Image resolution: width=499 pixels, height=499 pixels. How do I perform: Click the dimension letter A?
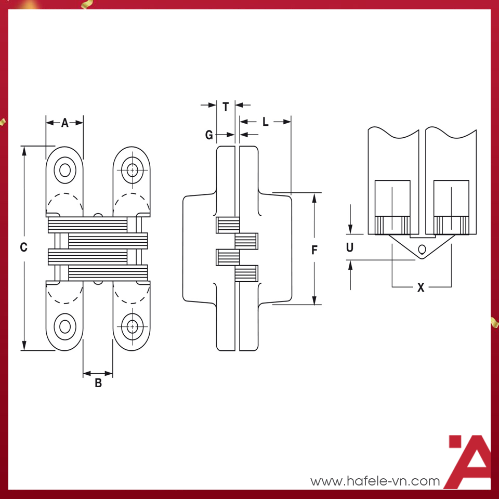pyautogui.click(x=65, y=123)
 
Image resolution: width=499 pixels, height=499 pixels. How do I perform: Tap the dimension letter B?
pyautogui.click(x=98, y=384)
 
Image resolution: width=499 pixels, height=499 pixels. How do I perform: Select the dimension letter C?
pyautogui.click(x=23, y=248)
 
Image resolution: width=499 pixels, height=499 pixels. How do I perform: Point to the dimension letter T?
pyautogui.click(x=226, y=108)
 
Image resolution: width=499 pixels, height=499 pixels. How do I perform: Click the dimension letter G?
pyautogui.click(x=209, y=135)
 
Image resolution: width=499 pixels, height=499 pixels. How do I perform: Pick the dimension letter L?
pyautogui.click(x=265, y=122)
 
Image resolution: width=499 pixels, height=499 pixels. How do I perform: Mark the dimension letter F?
pyautogui.click(x=314, y=250)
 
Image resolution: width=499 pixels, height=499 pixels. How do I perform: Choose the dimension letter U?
pyautogui.click(x=350, y=248)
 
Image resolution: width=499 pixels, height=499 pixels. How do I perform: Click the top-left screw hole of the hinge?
pyautogui.click(x=65, y=170)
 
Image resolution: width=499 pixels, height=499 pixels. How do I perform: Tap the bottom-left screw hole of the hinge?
pyautogui.click(x=65, y=327)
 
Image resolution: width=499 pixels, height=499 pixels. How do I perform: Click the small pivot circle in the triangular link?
pyautogui.click(x=422, y=248)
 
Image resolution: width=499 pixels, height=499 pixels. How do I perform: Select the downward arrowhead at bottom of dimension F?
pyautogui.click(x=314, y=301)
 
